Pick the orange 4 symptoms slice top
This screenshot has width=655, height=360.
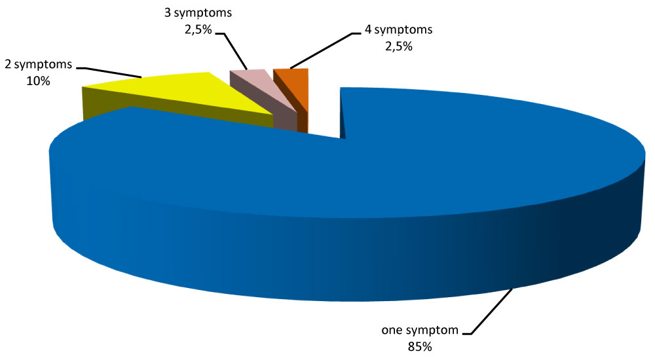289,76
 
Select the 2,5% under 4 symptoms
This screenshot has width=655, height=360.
398,46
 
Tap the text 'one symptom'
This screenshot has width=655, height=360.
419,331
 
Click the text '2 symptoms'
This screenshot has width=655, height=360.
38,67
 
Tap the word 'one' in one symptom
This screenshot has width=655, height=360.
392,331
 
